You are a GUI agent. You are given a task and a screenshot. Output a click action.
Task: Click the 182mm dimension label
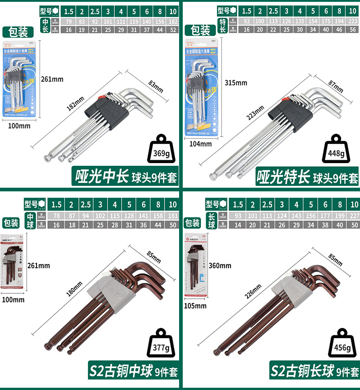coord(76,101)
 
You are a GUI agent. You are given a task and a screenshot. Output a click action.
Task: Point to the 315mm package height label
coord(236,82)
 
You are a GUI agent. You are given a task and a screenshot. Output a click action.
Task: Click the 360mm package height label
coord(220,266)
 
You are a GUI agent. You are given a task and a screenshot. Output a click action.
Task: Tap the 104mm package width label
coord(201,144)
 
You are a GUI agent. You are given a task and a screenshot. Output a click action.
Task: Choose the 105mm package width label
coord(195,306)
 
